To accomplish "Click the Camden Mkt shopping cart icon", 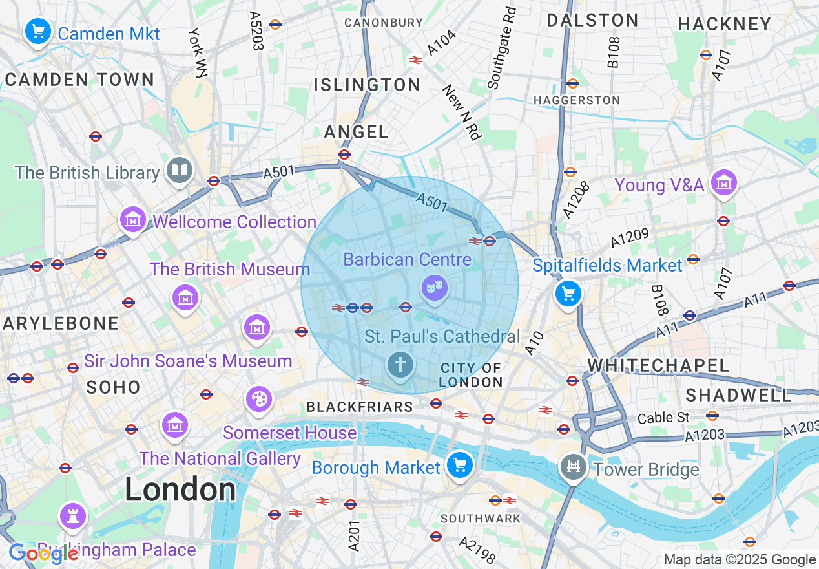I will [x=37, y=30].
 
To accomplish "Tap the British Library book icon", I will [x=179, y=171].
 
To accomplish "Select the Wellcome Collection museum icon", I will [x=132, y=220].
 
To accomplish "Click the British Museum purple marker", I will [x=185, y=297].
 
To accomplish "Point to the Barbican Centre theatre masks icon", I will [x=435, y=286].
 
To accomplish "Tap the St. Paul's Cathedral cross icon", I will [x=400, y=365].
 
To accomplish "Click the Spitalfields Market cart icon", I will [x=568, y=294].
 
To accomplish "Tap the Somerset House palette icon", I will [x=259, y=398].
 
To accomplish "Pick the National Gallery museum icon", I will [x=174, y=425].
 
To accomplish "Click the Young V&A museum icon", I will [x=723, y=183].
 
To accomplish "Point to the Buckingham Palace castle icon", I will [x=72, y=515].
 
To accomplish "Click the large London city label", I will [x=180, y=489].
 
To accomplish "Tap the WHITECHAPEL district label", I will [x=658, y=365].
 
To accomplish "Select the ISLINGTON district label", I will [x=367, y=85].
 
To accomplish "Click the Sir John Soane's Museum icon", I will [x=257, y=327].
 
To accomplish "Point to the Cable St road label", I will [x=665, y=418].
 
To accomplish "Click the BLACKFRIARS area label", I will [x=359, y=407].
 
